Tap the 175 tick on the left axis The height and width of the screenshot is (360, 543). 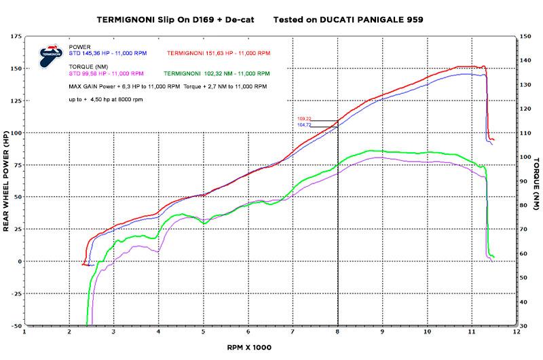(x=15, y=35)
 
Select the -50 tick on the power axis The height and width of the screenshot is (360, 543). (x=15, y=326)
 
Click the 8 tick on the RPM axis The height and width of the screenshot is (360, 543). (x=338, y=333)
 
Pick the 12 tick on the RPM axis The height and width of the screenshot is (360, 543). (x=517, y=333)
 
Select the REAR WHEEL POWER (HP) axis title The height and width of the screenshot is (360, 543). (x=5, y=182)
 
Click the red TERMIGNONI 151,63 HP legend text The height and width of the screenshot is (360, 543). (x=214, y=52)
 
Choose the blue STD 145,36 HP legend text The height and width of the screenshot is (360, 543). (x=106, y=52)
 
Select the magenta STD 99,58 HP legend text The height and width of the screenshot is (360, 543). (x=106, y=72)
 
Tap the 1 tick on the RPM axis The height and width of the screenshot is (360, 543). (x=25, y=333)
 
